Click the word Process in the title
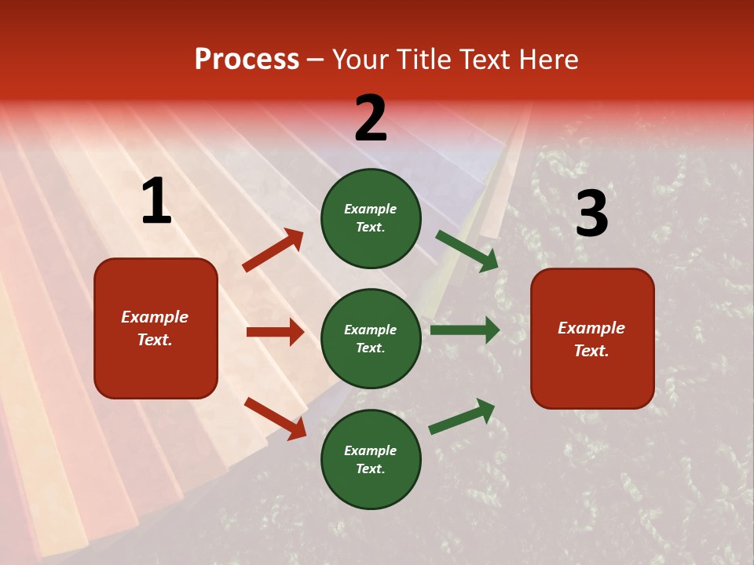click(247, 60)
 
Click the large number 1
click(156, 202)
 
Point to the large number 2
click(371, 118)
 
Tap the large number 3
click(591, 213)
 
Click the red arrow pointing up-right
click(273, 250)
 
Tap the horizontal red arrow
click(275, 332)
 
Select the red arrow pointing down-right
click(275, 418)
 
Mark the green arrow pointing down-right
click(467, 250)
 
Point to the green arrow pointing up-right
click(462, 417)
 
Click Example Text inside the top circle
click(371, 218)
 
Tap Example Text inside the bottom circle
click(371, 460)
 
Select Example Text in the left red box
click(156, 328)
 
